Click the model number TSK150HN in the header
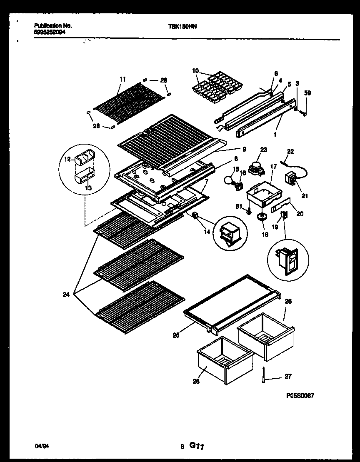tap(182, 26)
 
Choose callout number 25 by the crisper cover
tap(176, 335)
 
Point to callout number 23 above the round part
tap(263, 149)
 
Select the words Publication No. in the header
tap(50, 25)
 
